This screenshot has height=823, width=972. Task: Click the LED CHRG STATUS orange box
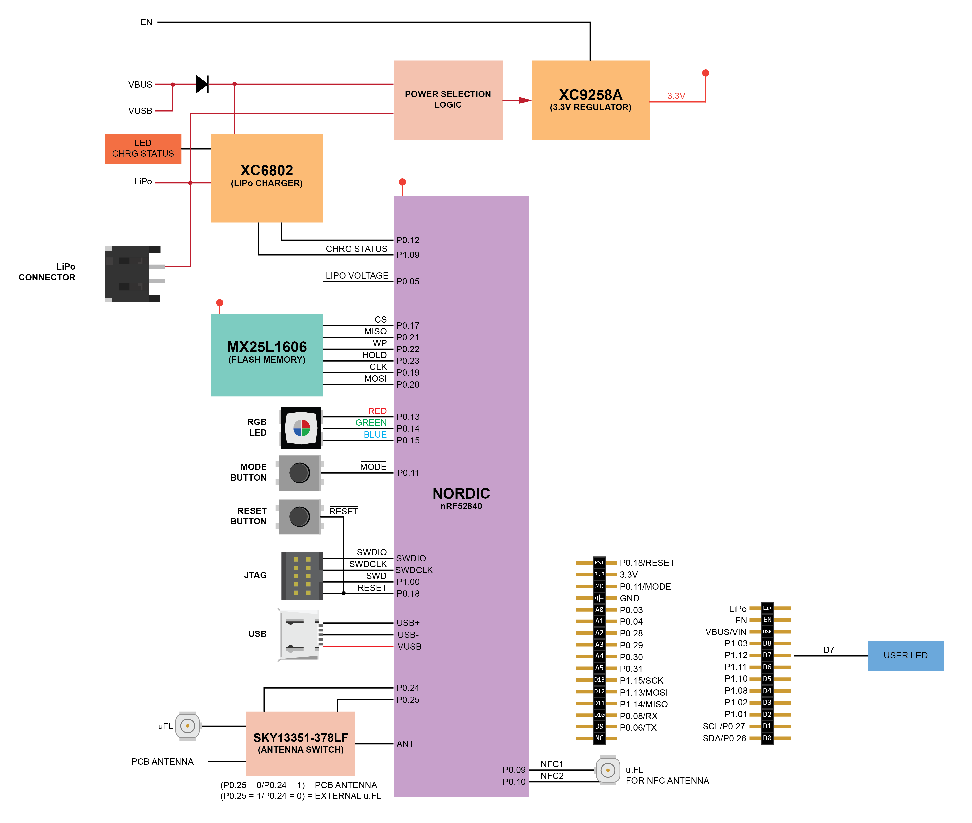pyautogui.click(x=143, y=148)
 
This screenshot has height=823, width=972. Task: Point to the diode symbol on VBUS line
pyautogui.click(x=202, y=84)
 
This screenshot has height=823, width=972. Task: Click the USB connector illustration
pyautogui.click(x=299, y=634)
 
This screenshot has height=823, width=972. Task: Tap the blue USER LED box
pyautogui.click(x=905, y=655)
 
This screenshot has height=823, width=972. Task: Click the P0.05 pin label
pyautogui.click(x=408, y=281)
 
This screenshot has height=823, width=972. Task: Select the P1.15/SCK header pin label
pyautogui.click(x=641, y=680)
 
